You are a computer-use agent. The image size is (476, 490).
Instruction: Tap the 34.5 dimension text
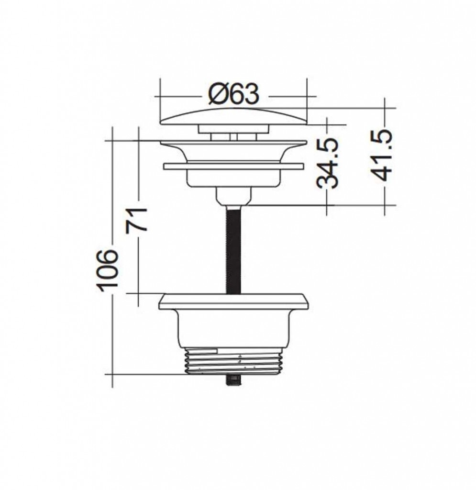327,164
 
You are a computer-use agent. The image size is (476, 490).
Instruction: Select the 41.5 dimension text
382,156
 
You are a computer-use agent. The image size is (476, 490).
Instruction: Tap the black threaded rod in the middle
233,249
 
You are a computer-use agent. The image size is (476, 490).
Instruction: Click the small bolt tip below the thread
233,380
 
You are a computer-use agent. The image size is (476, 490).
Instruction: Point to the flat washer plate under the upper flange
233,166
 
